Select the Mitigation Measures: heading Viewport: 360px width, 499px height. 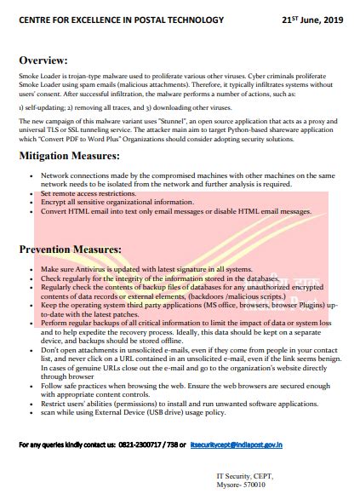coord(78,157)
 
